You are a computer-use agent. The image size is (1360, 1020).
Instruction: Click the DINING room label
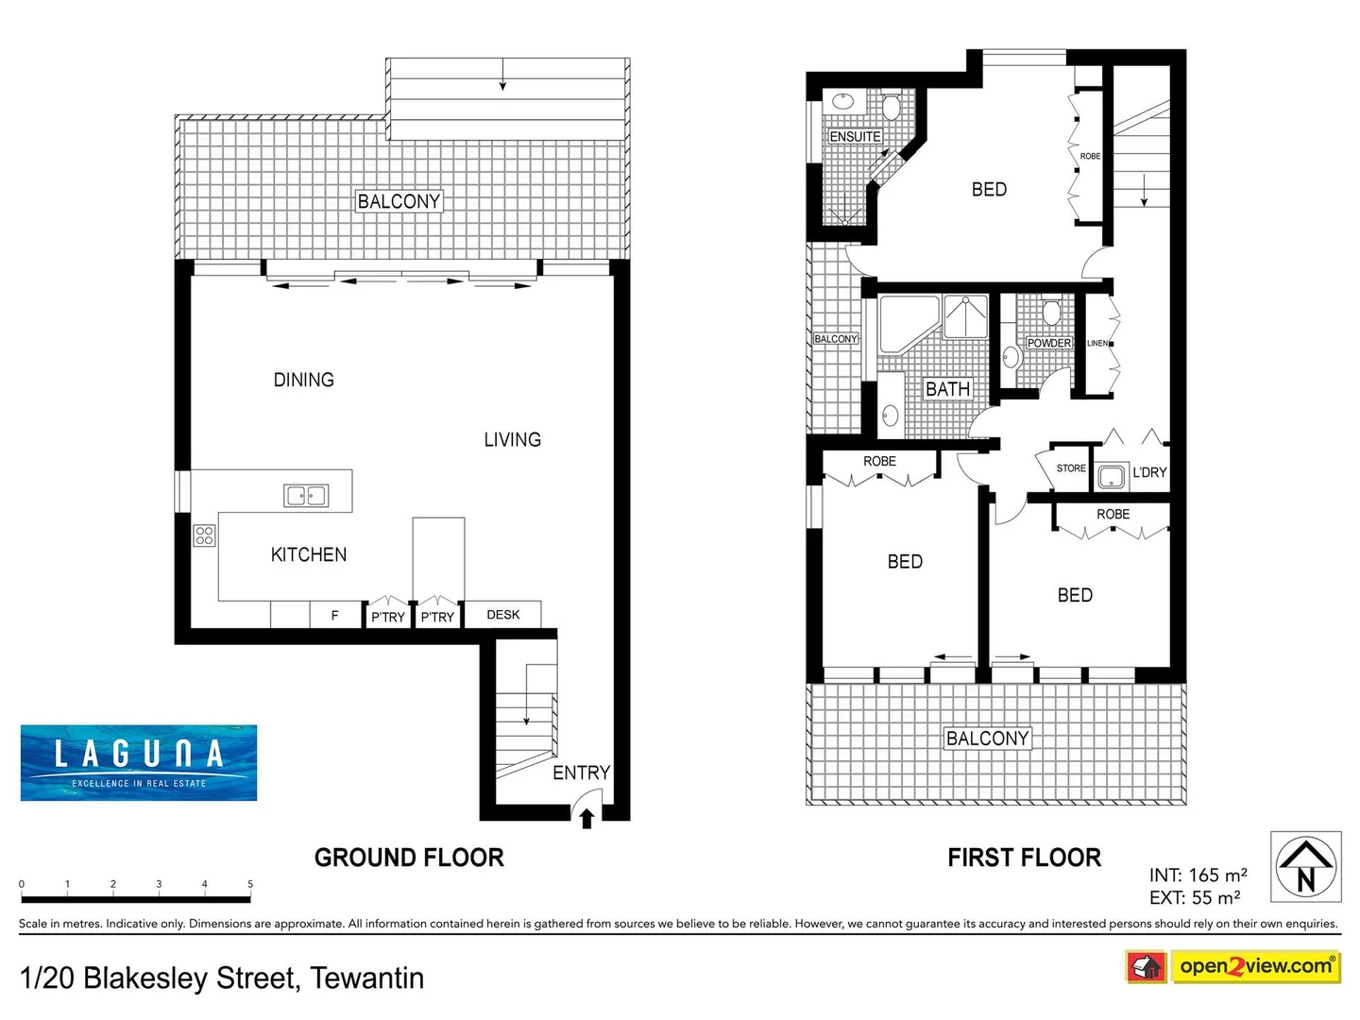tap(303, 380)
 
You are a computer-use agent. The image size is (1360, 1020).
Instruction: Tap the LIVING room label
tap(512, 439)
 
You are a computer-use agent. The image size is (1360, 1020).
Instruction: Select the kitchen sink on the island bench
tap(306, 495)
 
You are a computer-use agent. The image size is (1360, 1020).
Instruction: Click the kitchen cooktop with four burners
tap(204, 535)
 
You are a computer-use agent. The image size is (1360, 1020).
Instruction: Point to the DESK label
tap(502, 615)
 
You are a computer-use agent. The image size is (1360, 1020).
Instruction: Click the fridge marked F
tap(334, 616)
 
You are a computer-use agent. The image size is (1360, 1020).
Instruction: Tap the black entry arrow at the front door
tap(586, 818)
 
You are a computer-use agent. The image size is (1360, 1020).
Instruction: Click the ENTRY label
tap(581, 773)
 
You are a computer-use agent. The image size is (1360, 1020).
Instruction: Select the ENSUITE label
tap(855, 137)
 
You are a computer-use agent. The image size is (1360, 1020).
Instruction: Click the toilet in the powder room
tap(1051, 312)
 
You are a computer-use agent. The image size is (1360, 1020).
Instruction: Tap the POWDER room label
tap(1048, 343)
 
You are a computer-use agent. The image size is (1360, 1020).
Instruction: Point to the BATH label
tap(947, 389)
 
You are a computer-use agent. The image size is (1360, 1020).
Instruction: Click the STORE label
tap(1071, 468)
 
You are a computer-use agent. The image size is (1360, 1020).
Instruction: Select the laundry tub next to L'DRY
tap(1112, 476)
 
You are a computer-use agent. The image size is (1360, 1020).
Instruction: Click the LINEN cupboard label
tap(1096, 343)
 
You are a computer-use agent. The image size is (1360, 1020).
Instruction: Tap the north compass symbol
tap(1305, 866)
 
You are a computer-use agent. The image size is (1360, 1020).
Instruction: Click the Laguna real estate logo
tap(139, 763)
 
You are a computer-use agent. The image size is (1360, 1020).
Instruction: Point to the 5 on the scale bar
tap(250, 884)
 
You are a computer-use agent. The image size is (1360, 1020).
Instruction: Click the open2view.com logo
tap(1255, 966)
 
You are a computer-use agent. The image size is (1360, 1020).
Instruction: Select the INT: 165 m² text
tap(1198, 875)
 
